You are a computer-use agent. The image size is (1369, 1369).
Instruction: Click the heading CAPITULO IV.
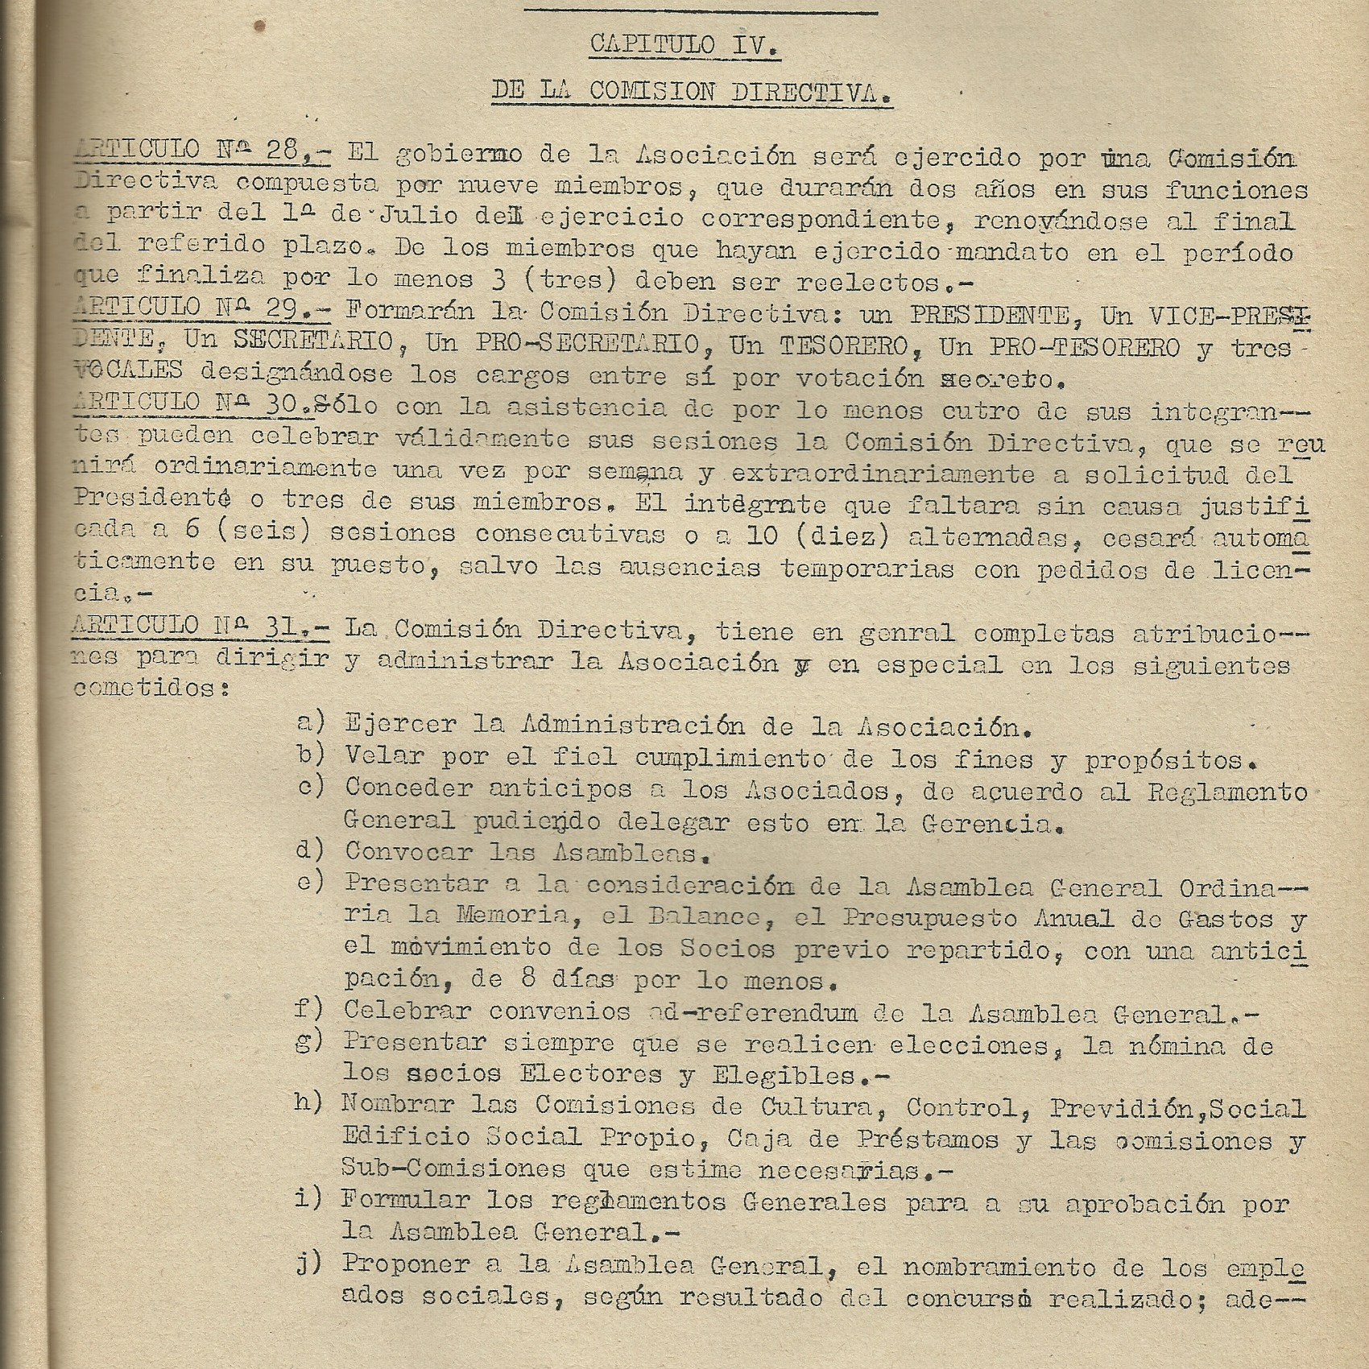[x=684, y=45]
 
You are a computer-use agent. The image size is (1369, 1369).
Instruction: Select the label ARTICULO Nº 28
[x=198, y=151]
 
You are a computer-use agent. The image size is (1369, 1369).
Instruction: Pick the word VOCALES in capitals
[x=129, y=371]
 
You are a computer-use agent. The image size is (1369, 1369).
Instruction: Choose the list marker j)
[x=310, y=1265]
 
